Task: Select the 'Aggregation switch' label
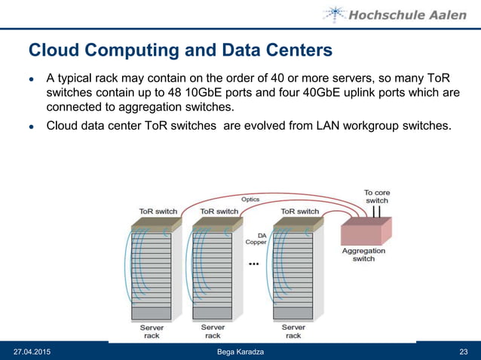click(363, 255)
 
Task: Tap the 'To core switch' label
click(377, 197)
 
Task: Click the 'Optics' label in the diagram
click(250, 200)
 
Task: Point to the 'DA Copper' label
click(256, 239)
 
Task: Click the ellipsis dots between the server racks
click(253, 265)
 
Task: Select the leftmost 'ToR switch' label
click(158, 212)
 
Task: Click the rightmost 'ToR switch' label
click(300, 212)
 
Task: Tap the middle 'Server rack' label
click(213, 331)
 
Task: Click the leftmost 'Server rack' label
click(152, 331)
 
